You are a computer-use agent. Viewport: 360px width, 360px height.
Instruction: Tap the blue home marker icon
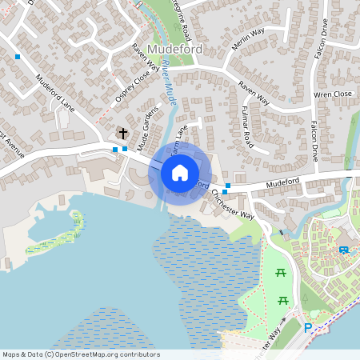(x=179, y=173)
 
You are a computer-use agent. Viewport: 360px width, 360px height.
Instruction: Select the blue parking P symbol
(x=308, y=327)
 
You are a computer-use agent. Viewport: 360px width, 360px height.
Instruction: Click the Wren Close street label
(x=334, y=94)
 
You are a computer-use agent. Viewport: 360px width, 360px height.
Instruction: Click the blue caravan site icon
(x=344, y=250)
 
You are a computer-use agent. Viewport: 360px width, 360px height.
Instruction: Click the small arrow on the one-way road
(x=282, y=321)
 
